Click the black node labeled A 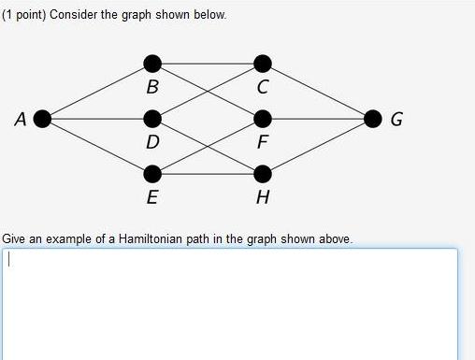pyautogui.click(x=42, y=119)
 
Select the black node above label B pyautogui.click(x=152, y=64)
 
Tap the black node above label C pyautogui.click(x=263, y=64)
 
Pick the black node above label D pyautogui.click(x=152, y=119)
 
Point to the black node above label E pyautogui.click(x=152, y=174)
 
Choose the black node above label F pyautogui.click(x=263, y=119)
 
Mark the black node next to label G pyautogui.click(x=373, y=119)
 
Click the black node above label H pyautogui.click(x=263, y=174)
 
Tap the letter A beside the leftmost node pyautogui.click(x=21, y=119)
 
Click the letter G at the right pyautogui.click(x=396, y=120)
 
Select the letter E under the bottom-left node pyautogui.click(x=152, y=197)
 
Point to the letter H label pyautogui.click(x=263, y=197)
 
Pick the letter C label pyautogui.click(x=263, y=88)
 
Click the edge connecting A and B pyautogui.click(x=97, y=91)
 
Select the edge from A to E pyautogui.click(x=97, y=147)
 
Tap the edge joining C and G pyautogui.click(x=318, y=91)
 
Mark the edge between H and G pyautogui.click(x=318, y=147)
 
